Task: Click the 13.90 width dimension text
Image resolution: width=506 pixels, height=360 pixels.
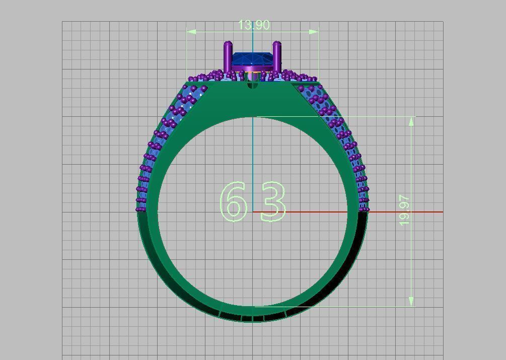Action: point(254,25)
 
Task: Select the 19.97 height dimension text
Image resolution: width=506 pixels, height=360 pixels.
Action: point(404,210)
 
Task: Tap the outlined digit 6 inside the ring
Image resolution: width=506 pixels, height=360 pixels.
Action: point(234,201)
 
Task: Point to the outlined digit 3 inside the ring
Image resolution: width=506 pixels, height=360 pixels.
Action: point(273,201)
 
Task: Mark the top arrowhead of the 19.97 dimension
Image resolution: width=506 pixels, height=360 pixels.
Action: point(412,121)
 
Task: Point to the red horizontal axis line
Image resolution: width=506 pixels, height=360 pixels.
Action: point(403,212)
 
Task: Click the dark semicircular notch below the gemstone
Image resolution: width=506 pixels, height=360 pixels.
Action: point(252,86)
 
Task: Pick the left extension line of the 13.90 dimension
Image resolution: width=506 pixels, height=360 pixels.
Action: point(187,55)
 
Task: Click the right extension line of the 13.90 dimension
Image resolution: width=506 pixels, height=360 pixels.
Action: point(319,55)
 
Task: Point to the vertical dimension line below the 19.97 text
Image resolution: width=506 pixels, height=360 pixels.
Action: point(412,262)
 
